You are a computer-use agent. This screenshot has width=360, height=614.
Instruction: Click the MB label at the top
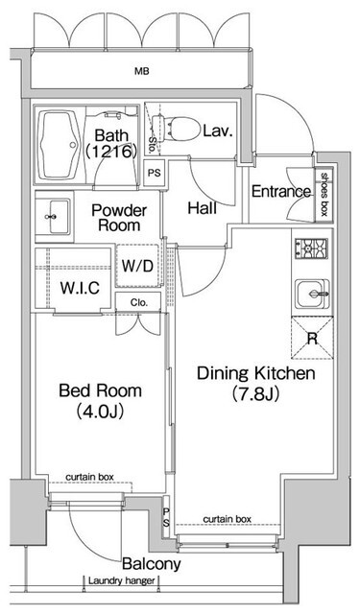pyautogui.click(x=142, y=71)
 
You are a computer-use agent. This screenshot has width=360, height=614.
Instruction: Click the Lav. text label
pyautogui.click(x=218, y=130)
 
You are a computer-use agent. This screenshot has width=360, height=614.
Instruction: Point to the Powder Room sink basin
pyautogui.click(x=55, y=217)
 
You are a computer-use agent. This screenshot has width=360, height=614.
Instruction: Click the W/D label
pyautogui.click(x=137, y=267)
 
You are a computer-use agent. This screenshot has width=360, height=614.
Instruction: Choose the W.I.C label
pyautogui.click(x=80, y=288)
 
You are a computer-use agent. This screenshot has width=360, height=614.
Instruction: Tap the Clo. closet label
pyautogui.click(x=138, y=303)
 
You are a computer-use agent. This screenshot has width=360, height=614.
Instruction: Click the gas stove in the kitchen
pyautogui.click(x=311, y=248)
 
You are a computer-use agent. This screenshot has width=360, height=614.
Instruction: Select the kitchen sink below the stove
pyautogui.click(x=312, y=294)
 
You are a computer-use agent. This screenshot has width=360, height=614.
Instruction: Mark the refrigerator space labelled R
pyautogui.click(x=312, y=338)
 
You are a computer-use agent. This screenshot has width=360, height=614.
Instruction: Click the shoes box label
pyautogui.click(x=324, y=195)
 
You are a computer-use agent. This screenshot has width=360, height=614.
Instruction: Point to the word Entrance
pyautogui.click(x=281, y=192)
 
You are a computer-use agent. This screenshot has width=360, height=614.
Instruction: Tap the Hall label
pyautogui.click(x=203, y=208)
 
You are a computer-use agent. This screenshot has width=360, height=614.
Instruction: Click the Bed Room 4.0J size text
pyautogui.click(x=100, y=412)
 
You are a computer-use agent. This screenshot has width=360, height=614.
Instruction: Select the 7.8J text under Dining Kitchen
pyautogui.click(x=255, y=394)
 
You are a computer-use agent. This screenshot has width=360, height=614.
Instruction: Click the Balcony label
pyautogui.click(x=152, y=564)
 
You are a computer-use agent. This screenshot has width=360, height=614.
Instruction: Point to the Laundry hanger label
pyautogui.click(x=121, y=580)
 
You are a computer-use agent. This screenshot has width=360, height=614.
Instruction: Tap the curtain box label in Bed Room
pyautogui.click(x=89, y=478)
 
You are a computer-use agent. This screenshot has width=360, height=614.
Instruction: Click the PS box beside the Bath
pyautogui.click(x=155, y=173)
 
